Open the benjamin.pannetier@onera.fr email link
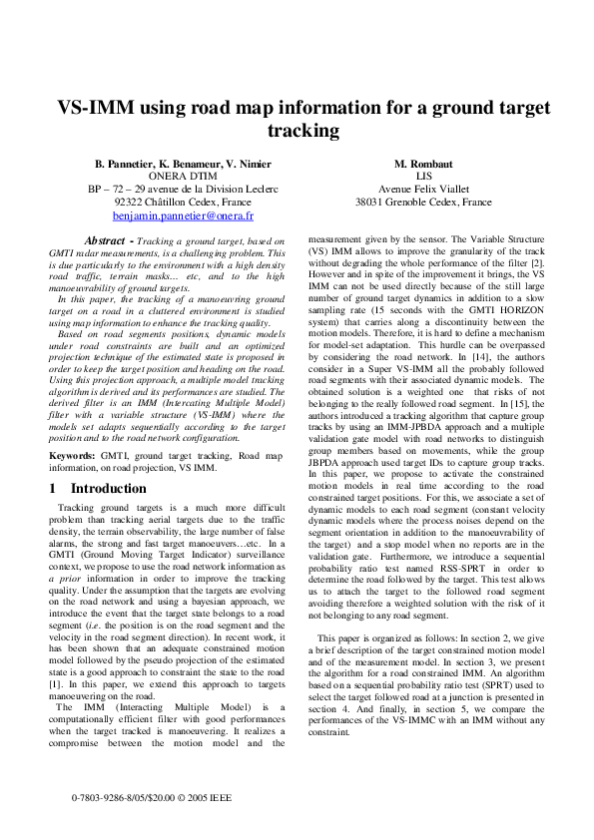click(183, 214)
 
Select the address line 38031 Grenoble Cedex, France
click(423, 202)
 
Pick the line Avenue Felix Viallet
click(423, 190)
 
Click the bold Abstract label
click(109, 240)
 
